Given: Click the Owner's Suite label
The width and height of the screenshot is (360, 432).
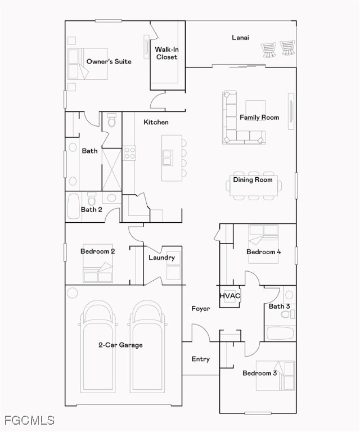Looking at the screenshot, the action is click(x=109, y=61).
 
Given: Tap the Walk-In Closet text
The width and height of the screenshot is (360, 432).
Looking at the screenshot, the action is click(x=166, y=53).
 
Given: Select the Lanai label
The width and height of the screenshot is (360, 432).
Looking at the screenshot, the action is click(x=240, y=38).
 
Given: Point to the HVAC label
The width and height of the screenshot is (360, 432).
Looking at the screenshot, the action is click(x=230, y=296).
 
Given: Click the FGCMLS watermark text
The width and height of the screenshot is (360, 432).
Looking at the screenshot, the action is click(x=29, y=420).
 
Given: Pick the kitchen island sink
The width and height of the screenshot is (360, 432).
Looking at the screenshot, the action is click(x=168, y=158).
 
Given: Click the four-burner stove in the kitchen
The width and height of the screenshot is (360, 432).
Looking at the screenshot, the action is click(x=129, y=153).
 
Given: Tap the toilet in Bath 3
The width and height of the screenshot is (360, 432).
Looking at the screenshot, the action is click(x=288, y=314).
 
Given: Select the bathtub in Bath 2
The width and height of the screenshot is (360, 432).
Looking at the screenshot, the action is click(x=74, y=206).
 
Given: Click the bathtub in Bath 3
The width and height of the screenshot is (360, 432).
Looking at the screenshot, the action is click(x=280, y=334).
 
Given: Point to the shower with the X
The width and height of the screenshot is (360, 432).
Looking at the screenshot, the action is click(x=111, y=169).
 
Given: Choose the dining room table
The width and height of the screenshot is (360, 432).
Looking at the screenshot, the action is click(x=254, y=186).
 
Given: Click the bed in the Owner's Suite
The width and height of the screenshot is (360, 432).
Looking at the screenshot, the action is click(x=88, y=64).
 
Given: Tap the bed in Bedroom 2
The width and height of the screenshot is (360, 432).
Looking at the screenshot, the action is click(x=98, y=263).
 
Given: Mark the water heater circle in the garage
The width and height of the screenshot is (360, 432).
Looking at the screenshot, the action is click(x=73, y=292).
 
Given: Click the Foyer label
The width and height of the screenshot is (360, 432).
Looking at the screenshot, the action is click(x=200, y=309).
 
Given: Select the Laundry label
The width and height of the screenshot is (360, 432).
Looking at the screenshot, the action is click(x=161, y=258).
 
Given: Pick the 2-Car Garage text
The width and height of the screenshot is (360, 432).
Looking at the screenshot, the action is click(x=120, y=345).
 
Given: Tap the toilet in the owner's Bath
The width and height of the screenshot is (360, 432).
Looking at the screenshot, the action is click(x=111, y=120).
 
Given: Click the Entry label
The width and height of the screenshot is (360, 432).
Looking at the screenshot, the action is click(x=200, y=359).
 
